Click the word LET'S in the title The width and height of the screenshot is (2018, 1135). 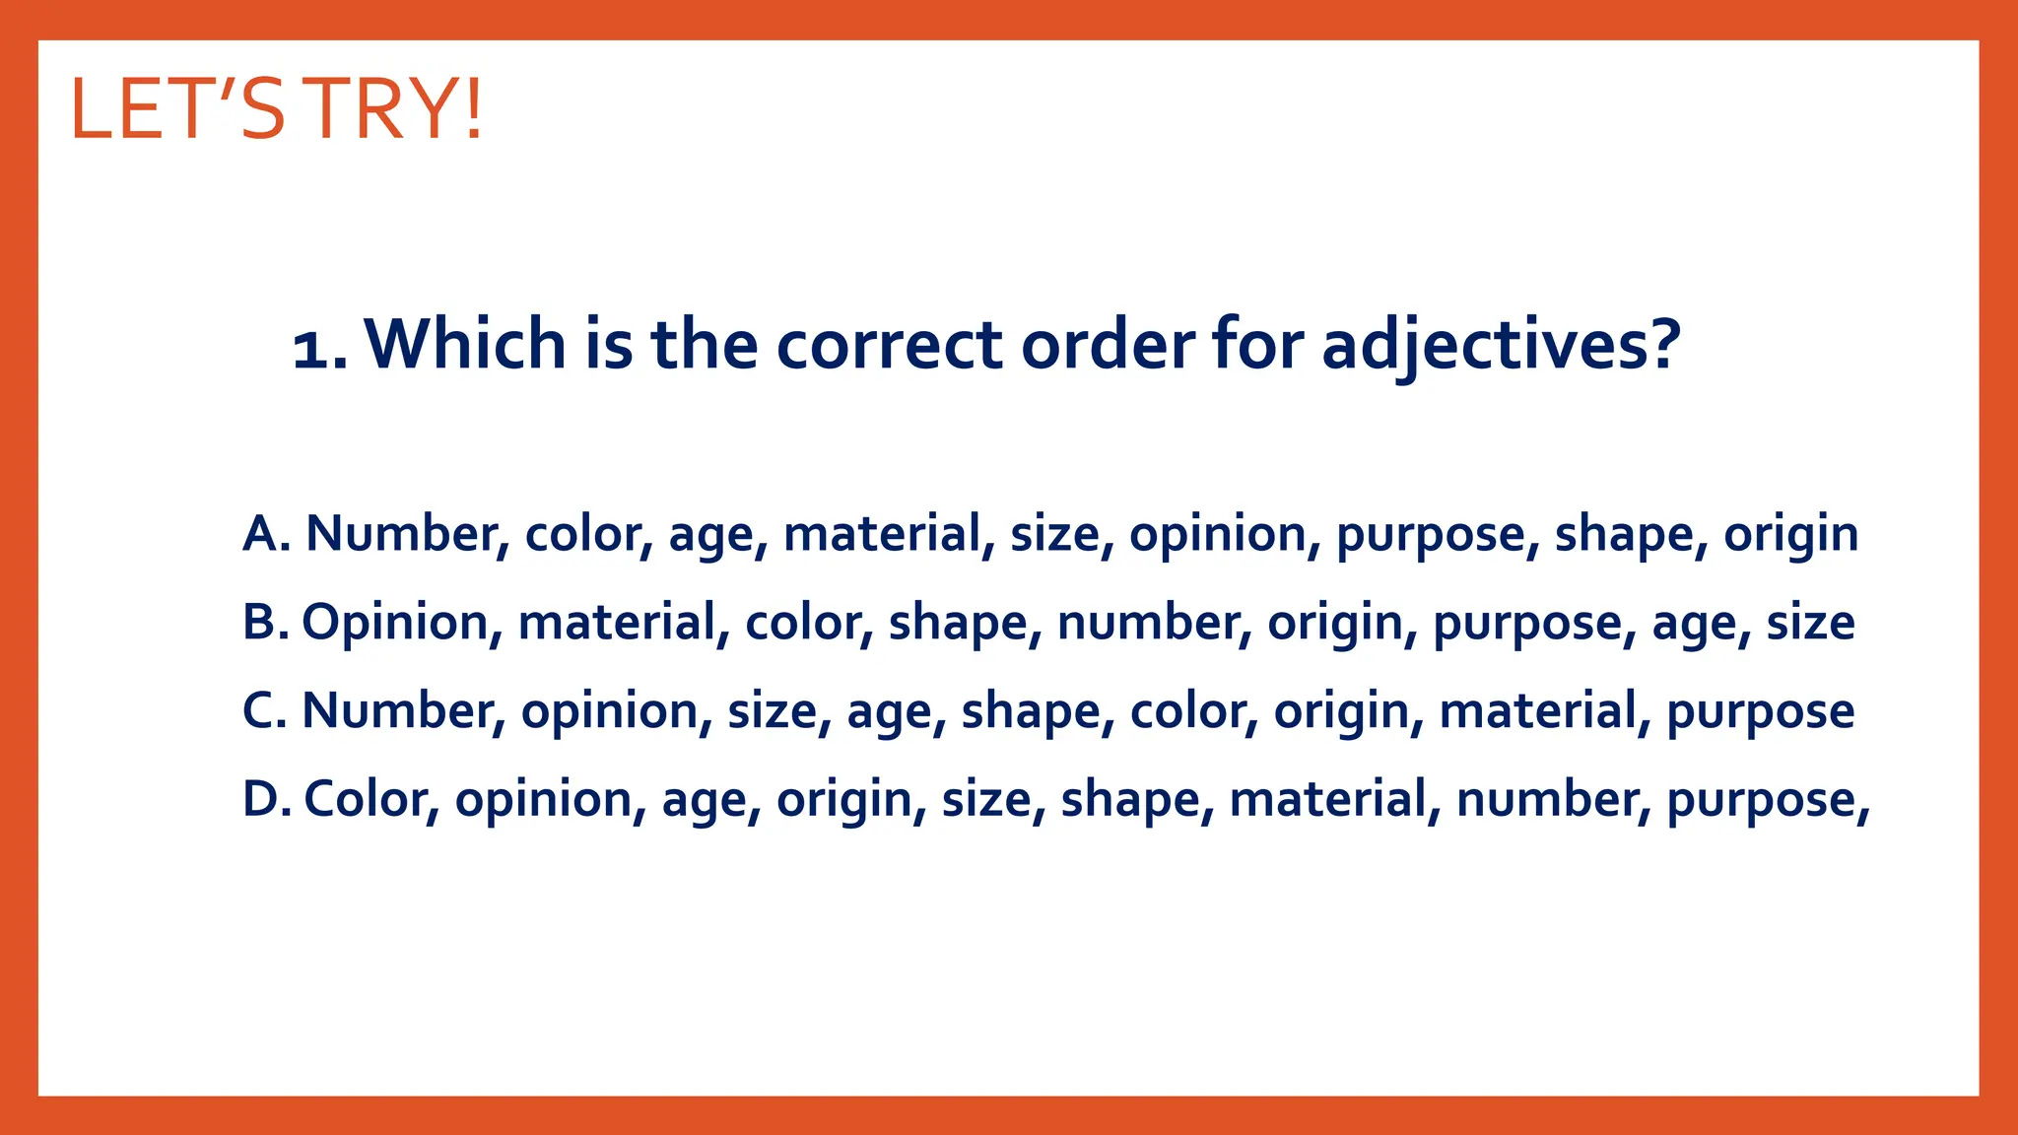(x=178, y=109)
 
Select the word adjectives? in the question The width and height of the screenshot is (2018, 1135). (x=1500, y=346)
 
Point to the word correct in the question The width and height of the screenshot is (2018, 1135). (x=889, y=346)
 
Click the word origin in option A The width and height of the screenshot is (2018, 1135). (x=1790, y=535)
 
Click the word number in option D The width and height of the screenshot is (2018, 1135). (x=1553, y=799)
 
